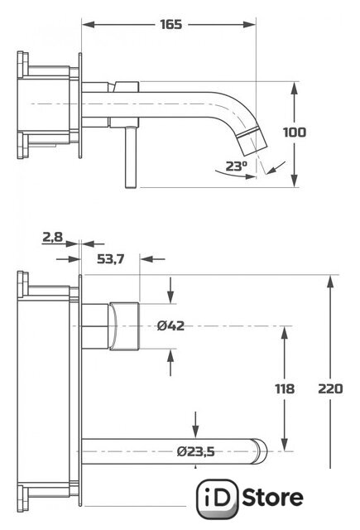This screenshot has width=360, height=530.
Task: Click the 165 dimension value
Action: point(170,24)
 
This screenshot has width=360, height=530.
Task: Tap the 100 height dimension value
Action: point(295,132)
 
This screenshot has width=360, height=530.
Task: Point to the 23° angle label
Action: point(237,166)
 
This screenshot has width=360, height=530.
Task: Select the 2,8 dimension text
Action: point(53,237)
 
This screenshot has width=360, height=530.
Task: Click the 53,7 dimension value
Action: point(110,259)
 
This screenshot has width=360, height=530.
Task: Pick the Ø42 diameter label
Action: point(170,325)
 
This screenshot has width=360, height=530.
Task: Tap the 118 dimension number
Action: point(285,388)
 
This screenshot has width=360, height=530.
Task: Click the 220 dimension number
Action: point(330,388)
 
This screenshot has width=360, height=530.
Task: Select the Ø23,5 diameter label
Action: point(195,451)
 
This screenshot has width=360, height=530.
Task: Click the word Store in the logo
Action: point(273,498)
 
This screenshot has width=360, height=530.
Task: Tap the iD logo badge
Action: point(218,499)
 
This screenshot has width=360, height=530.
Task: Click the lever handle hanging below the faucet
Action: point(131,157)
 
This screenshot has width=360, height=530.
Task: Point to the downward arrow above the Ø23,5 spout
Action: point(195,424)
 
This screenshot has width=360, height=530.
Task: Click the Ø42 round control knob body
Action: point(124,326)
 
